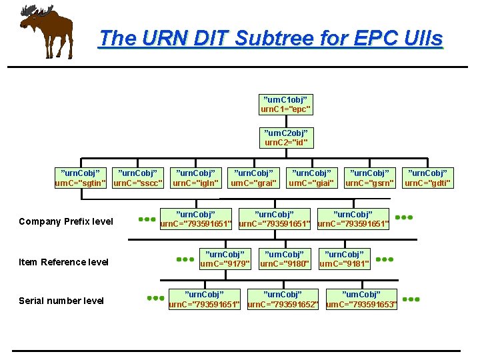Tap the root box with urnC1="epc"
coord(285,103)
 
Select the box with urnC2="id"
coord(285,138)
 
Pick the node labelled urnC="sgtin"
coord(80,178)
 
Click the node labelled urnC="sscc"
coord(138,178)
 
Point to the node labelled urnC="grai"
coord(254,178)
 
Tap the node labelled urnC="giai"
coord(311,178)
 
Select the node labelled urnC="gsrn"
coord(369,178)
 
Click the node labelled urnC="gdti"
coord(428,178)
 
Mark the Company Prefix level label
coord(66,221)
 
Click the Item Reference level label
coord(64,262)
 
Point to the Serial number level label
coord(61,301)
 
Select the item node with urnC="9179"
coord(225,259)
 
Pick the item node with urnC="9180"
coord(285,259)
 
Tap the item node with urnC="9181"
coord(344,259)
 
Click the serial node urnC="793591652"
coord(283,299)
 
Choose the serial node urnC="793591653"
coord(361,299)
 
